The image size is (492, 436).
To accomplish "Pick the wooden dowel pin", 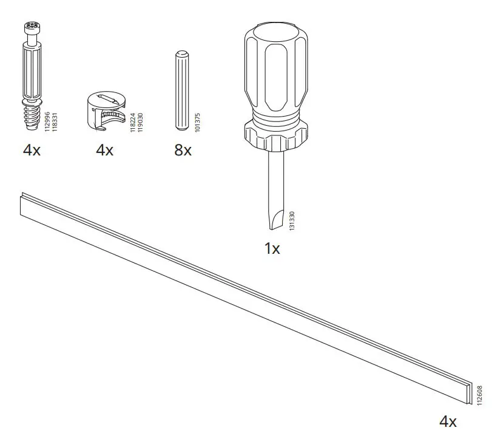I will tap(181, 90).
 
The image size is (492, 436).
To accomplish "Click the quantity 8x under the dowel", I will tap(183, 150).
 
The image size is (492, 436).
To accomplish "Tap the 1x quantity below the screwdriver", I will tap(272, 248).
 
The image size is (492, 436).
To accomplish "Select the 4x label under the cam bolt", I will tap(32, 150).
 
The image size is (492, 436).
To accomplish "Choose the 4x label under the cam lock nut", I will tap(104, 150).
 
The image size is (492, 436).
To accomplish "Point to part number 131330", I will tap(292, 220).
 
